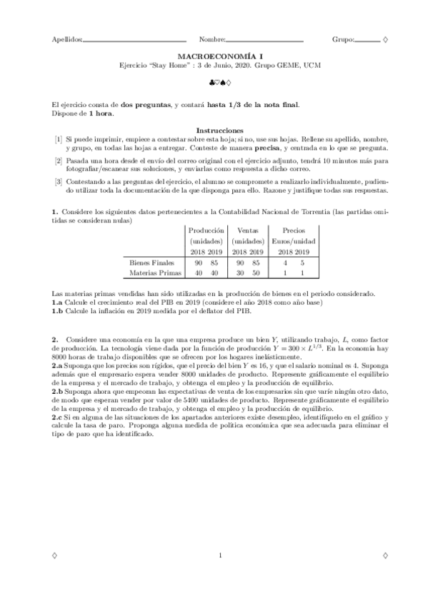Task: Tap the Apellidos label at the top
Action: (x=66, y=39)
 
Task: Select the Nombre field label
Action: (x=212, y=39)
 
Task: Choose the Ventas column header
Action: (x=247, y=230)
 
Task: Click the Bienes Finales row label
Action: (x=147, y=263)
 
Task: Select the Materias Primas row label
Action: (x=150, y=273)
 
